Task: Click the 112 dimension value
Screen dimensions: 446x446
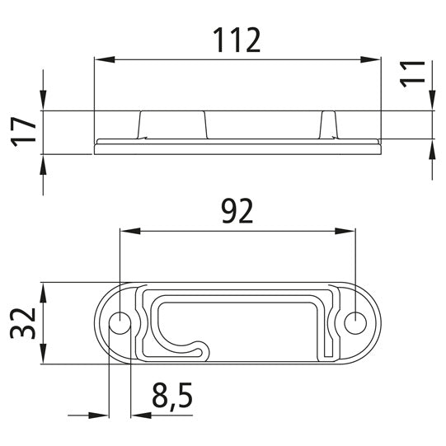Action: click(x=237, y=40)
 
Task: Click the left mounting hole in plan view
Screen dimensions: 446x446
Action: click(x=120, y=323)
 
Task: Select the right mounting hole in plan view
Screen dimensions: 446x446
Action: click(x=355, y=323)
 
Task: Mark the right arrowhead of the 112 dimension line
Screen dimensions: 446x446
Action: click(x=375, y=59)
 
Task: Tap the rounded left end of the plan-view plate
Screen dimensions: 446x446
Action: click(x=100, y=323)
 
